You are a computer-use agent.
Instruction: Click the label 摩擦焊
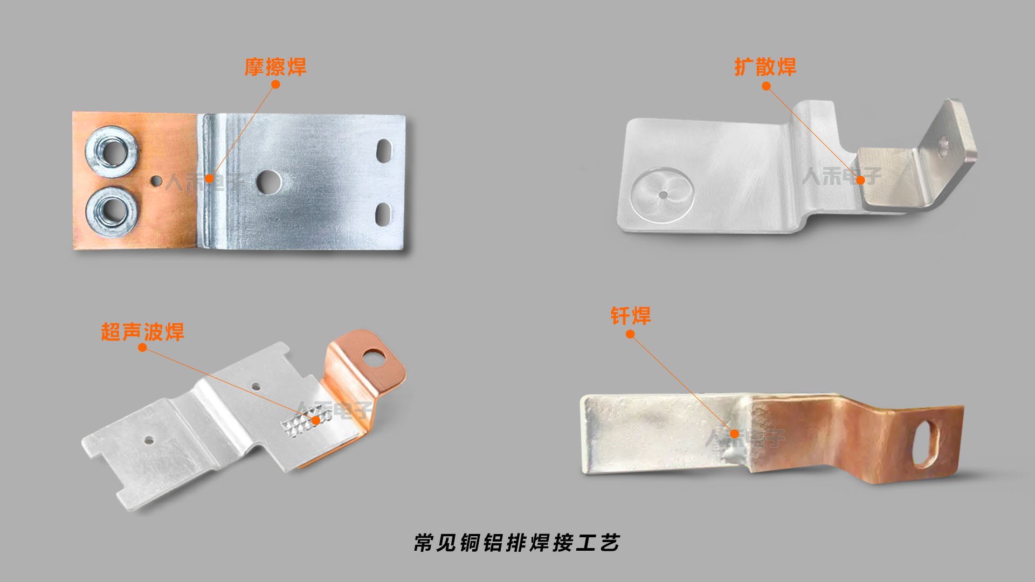coord(275,67)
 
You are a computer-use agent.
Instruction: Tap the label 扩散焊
coord(765,67)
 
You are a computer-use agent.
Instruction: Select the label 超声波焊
coord(142,332)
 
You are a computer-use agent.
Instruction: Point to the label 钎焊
coord(630,316)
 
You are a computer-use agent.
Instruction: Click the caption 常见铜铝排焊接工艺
coord(517,543)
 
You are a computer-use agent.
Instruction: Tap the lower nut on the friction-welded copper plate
coord(112,211)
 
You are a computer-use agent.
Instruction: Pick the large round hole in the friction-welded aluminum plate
coord(268,182)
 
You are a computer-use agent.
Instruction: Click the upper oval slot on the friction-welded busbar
coord(384,151)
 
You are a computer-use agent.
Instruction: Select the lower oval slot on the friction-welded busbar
coord(382,214)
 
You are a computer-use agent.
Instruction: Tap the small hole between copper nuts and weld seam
coord(156,181)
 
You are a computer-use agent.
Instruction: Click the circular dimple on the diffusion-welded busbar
coord(663,195)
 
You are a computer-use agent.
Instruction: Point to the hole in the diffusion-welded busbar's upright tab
coord(943,144)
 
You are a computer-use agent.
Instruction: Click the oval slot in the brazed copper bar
coord(925,444)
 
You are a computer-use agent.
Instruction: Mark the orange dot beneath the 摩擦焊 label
coord(275,85)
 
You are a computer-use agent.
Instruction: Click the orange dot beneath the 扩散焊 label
coord(766,86)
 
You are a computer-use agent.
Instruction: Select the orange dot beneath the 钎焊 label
coord(630,334)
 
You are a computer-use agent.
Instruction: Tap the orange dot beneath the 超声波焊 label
coord(142,348)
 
